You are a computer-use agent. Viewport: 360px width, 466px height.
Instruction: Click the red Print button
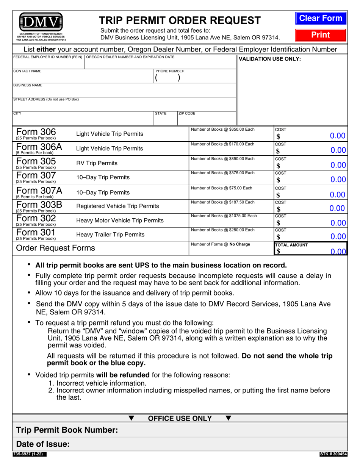(x=321, y=35)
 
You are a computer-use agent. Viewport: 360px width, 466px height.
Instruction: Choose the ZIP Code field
(x=207, y=120)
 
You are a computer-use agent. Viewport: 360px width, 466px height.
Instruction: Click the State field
(x=166, y=120)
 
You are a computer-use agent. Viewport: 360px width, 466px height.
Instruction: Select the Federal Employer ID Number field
(x=48, y=64)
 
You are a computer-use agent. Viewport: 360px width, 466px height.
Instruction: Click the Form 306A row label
(x=39, y=148)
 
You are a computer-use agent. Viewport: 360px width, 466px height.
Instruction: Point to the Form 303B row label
(x=39, y=206)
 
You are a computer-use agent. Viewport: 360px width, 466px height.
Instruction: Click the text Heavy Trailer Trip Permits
(x=110, y=235)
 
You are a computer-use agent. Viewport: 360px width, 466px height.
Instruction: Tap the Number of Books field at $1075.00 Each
(x=231, y=223)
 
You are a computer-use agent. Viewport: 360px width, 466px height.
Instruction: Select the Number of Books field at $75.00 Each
(x=231, y=195)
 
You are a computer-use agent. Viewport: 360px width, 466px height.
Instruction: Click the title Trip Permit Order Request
(x=180, y=20)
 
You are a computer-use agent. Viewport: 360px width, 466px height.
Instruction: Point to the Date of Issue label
(x=43, y=444)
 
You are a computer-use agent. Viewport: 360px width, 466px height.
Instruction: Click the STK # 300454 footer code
(x=333, y=454)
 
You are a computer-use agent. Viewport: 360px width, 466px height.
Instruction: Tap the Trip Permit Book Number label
(x=67, y=430)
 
